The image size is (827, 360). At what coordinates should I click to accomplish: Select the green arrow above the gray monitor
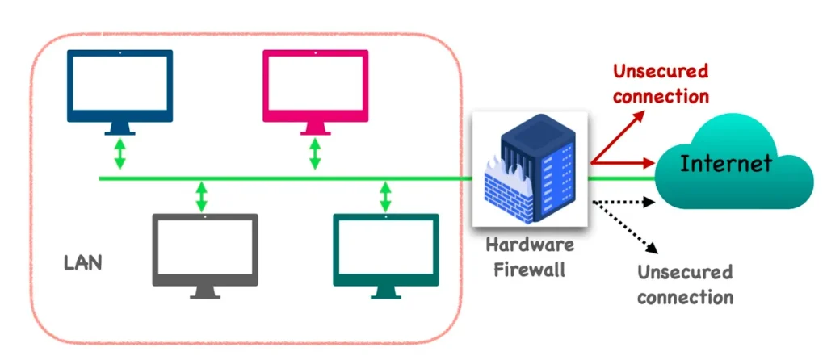201,197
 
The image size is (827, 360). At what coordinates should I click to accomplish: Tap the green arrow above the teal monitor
386,197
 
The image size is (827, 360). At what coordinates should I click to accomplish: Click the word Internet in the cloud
725,164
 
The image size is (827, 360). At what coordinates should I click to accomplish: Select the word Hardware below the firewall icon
530,245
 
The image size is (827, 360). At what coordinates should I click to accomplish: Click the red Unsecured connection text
660,83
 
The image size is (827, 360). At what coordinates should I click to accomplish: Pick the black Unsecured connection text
685,284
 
